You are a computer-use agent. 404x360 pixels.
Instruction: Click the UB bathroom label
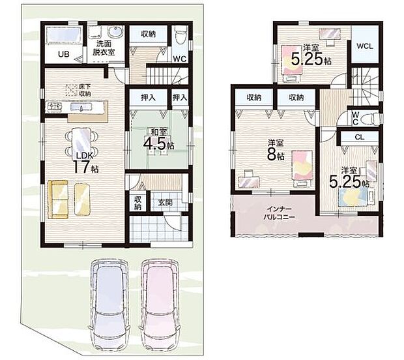(64, 54)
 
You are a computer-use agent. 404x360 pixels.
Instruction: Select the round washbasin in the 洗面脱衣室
(113, 33)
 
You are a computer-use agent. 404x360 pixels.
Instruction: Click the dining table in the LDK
(81, 142)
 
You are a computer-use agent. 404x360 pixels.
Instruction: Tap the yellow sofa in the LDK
(58, 200)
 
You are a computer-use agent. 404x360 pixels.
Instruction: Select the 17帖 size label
(86, 167)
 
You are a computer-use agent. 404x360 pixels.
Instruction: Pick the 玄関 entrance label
(165, 202)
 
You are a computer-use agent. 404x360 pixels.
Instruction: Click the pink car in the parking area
(160, 305)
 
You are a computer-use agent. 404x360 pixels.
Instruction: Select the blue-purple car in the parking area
(109, 305)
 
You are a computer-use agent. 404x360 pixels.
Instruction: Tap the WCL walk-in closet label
(365, 46)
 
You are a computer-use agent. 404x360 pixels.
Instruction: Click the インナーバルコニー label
(280, 213)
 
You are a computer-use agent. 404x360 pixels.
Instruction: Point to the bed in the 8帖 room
(302, 168)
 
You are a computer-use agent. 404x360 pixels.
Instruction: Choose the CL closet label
(360, 138)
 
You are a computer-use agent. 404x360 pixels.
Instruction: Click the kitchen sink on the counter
(81, 107)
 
